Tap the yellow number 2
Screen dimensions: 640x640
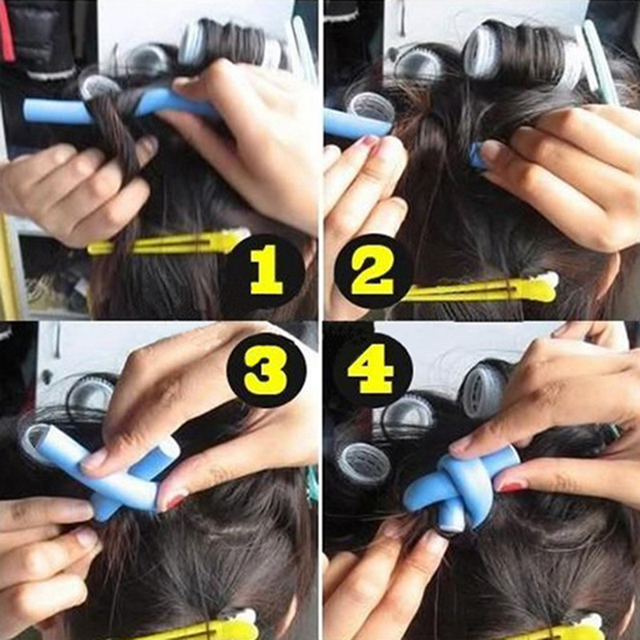[x=372, y=271]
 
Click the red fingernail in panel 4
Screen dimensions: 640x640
[x=512, y=485]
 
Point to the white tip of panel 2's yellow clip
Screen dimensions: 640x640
[x=548, y=281]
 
